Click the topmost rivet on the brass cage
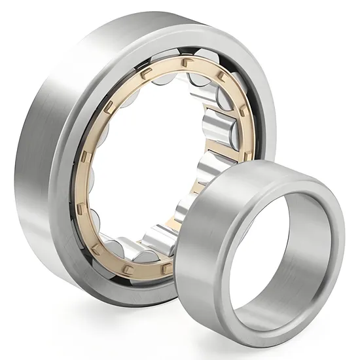pos(184,63)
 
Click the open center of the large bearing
pos(151,170)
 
